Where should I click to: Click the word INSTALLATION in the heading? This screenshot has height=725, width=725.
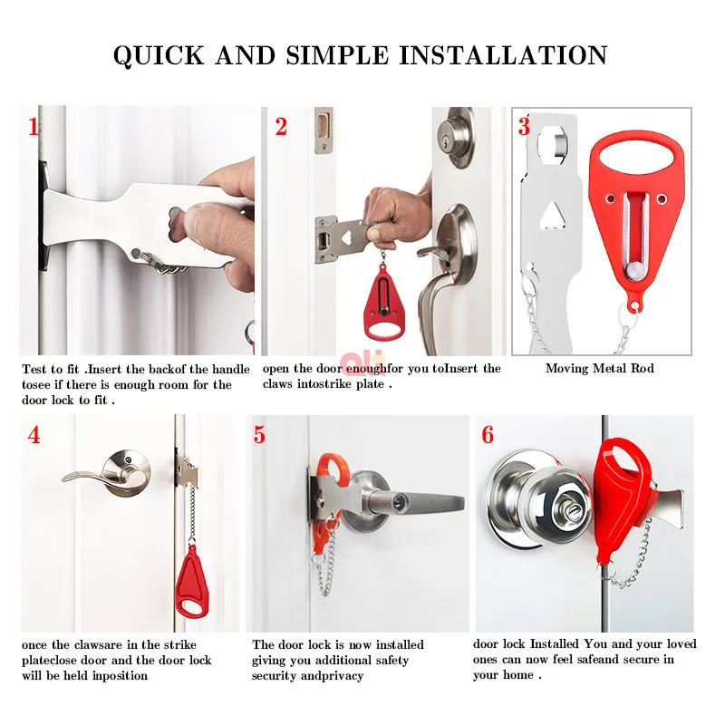coord(503,56)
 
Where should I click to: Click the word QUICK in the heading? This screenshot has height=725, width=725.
coord(159,56)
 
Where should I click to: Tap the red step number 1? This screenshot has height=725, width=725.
coord(34,127)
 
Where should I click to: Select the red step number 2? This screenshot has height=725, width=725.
coord(281,127)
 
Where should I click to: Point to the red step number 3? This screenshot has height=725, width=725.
coord(524,127)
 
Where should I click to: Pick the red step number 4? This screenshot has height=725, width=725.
coord(34,435)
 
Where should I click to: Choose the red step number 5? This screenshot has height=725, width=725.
coord(259,435)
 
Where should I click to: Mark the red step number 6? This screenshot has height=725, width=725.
coord(488,435)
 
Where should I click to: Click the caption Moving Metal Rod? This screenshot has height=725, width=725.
coord(600,369)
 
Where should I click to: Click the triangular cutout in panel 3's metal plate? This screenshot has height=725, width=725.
coord(554,216)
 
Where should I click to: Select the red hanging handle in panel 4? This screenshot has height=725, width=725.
coord(192,582)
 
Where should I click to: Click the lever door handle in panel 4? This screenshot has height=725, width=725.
coord(109,475)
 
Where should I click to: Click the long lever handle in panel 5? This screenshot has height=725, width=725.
coord(416,501)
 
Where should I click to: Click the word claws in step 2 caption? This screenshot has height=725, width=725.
coord(277,384)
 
